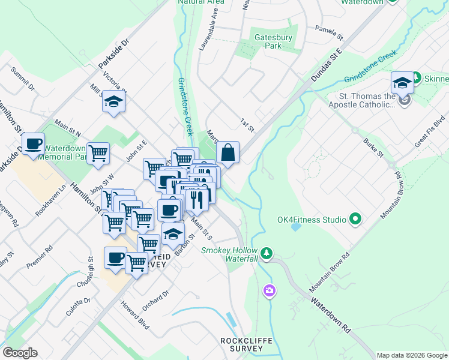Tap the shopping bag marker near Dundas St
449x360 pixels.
click(228, 153)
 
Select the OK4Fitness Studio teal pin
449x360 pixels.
click(355, 220)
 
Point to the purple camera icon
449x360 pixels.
click(270, 291)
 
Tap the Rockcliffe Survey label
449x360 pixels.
click(246, 346)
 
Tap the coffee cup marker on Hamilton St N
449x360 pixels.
click(34, 144)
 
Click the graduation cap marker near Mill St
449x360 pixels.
click(113, 101)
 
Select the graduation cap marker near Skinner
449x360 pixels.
click(402, 82)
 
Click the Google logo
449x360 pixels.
click(20, 353)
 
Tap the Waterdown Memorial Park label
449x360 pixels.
click(65, 151)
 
